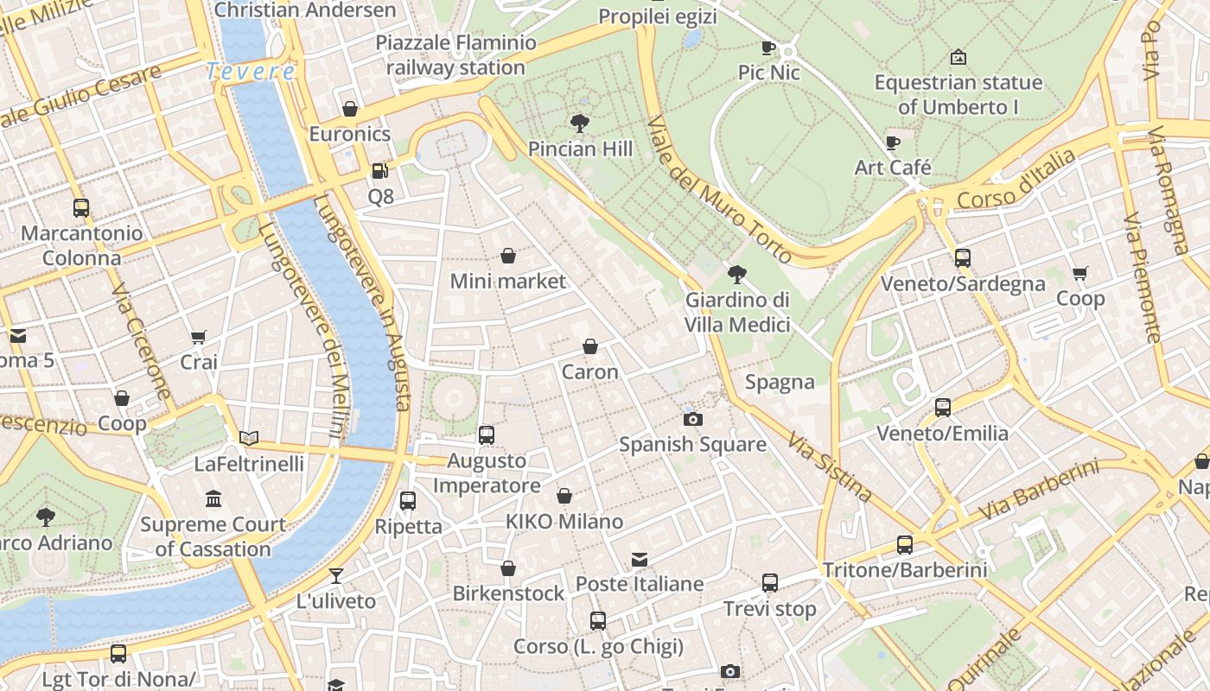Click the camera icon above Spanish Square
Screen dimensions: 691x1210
click(x=692, y=420)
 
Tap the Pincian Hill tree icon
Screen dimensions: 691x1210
click(x=580, y=124)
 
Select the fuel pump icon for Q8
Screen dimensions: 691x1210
click(x=379, y=171)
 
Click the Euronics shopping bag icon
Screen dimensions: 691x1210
click(x=350, y=109)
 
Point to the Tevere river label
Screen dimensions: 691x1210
click(x=251, y=72)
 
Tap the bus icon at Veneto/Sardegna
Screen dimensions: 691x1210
click(x=963, y=258)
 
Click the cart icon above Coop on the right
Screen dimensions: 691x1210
click(x=1080, y=274)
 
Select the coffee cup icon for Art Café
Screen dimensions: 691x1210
click(x=893, y=143)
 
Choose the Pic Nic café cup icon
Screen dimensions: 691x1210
click(x=768, y=48)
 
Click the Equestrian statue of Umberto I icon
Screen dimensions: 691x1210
click(x=958, y=58)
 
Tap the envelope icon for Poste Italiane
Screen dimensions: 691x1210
click(x=640, y=560)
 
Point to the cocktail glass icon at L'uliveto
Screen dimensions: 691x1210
click(x=336, y=576)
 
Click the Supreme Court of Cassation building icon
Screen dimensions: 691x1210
click(x=213, y=499)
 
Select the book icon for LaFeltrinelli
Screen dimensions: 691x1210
click(x=249, y=439)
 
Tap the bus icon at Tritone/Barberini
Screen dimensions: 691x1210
click(x=905, y=545)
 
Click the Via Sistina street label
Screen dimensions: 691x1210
click(x=830, y=467)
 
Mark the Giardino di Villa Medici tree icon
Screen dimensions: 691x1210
click(x=737, y=275)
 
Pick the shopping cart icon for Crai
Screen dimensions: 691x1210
click(x=199, y=337)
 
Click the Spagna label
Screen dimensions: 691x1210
click(x=780, y=382)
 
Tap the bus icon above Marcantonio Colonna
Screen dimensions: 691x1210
click(x=81, y=208)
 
